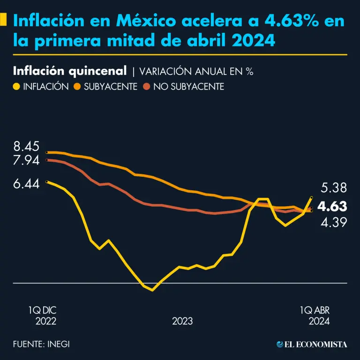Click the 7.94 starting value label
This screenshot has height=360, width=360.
pyautogui.click(x=26, y=161)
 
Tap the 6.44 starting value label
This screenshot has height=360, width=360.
pyautogui.click(x=26, y=184)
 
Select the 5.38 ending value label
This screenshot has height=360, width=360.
pyautogui.click(x=334, y=188)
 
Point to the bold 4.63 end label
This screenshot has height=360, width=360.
pyautogui.click(x=332, y=206)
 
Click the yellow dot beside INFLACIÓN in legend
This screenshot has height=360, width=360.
pyautogui.click(x=17, y=87)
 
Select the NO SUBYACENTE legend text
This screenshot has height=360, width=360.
pyautogui.click(x=189, y=87)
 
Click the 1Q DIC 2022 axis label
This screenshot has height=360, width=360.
pyautogui.click(x=42, y=316)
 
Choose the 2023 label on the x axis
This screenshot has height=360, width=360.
pyautogui.click(x=182, y=322)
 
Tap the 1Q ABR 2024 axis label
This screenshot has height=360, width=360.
pyautogui.click(x=315, y=316)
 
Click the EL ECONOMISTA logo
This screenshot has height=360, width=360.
pyautogui.click(x=312, y=345)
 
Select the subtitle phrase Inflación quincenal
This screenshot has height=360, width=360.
pyautogui.click(x=70, y=71)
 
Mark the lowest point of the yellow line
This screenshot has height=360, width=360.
pyautogui.click(x=152, y=290)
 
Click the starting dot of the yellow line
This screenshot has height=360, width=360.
pyautogui.click(x=46, y=181)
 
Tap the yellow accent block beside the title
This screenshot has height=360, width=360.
pyautogui.click(x=3, y=20)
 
